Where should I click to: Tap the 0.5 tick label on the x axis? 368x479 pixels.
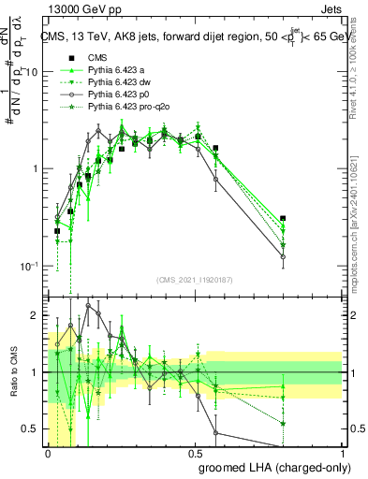pyautogui.click(x=195, y=452)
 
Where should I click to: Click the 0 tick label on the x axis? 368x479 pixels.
pyautogui.click(x=48, y=452)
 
